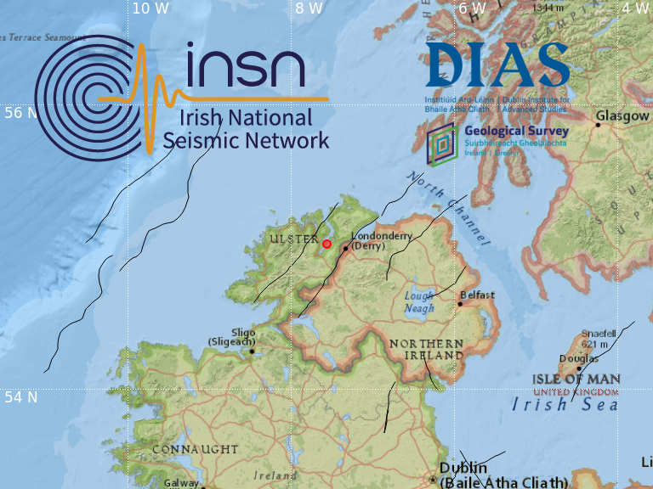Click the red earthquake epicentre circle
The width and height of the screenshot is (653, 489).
tap(326, 244)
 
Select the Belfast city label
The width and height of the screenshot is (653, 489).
tap(476, 295)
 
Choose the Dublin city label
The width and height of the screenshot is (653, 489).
tap(463, 468)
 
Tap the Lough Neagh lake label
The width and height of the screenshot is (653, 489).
tap(419, 301)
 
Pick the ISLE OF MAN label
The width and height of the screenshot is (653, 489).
tap(576, 379)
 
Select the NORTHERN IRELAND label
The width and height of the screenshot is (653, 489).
tap(426, 349)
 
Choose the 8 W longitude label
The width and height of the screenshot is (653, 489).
tap(309, 8)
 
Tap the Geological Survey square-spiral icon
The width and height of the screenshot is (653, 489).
tap(441, 142)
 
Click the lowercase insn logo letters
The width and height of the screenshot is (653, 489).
tap(242, 67)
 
